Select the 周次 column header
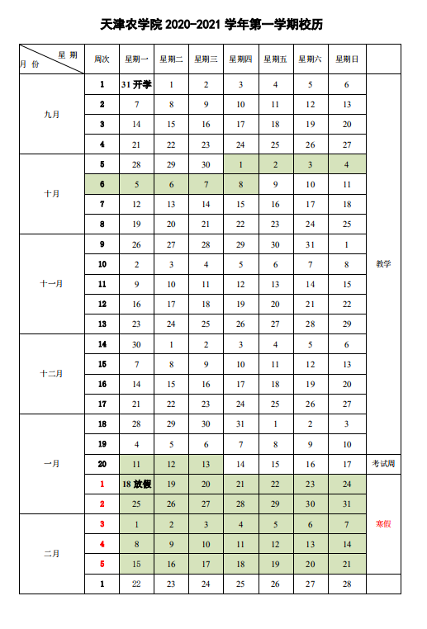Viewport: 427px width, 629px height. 102,59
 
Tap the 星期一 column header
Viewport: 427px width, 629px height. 136,59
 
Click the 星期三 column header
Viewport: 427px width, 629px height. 206,59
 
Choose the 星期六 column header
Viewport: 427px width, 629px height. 311,59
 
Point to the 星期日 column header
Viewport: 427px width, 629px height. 347,59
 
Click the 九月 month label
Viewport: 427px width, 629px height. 52,114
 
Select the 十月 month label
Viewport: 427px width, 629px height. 52,194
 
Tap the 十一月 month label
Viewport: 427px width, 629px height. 52,284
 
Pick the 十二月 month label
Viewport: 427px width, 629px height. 52,374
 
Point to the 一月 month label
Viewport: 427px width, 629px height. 52,464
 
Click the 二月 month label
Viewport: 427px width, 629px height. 52,554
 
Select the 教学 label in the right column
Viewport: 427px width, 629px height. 383,264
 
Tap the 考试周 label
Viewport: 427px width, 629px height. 383,464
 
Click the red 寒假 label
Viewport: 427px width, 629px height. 383,524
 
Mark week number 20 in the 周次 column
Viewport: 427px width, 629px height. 102,464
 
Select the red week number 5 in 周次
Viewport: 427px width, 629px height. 102,564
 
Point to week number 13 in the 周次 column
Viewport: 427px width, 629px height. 102,324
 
